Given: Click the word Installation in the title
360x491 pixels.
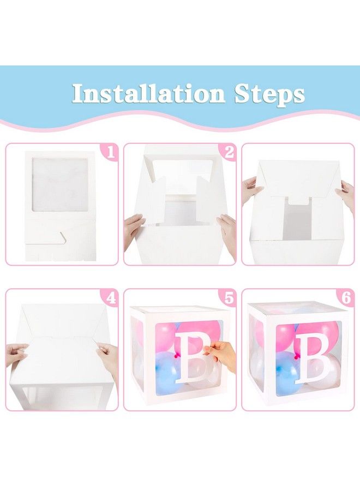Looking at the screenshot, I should pyautogui.click(x=148, y=93).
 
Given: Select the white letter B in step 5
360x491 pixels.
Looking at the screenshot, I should pyautogui.click(x=191, y=357).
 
